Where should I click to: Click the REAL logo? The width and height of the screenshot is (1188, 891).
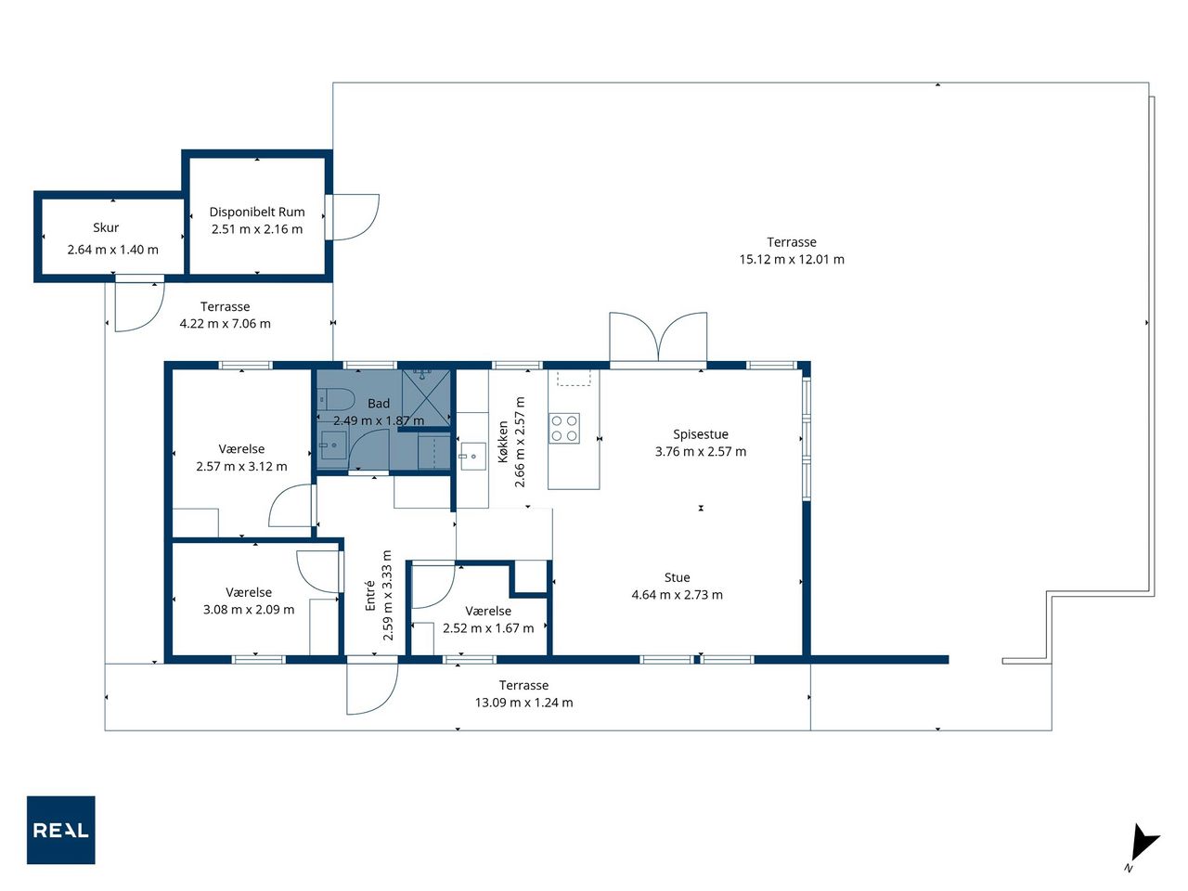[60, 830]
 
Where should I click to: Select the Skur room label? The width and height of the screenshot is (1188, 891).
[106, 227]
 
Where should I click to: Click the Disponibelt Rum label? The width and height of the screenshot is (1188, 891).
[257, 212]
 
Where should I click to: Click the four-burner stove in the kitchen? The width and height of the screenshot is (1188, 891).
[564, 428]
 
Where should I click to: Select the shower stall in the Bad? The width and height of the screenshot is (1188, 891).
[427, 397]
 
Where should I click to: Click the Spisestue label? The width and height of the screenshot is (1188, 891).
[701, 433]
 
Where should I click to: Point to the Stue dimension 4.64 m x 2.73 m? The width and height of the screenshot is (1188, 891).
[677, 595]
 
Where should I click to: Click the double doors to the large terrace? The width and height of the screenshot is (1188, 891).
[658, 338]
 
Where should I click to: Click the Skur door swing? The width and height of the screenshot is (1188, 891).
[139, 303]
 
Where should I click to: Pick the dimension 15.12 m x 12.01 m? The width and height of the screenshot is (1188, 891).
[792, 259]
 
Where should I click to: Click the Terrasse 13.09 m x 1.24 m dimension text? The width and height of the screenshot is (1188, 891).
[523, 703]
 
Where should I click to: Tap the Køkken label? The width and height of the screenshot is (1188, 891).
[503, 442]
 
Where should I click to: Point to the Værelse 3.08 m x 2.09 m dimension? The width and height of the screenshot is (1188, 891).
[249, 609]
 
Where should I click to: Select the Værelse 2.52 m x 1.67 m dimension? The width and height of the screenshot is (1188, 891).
[488, 627]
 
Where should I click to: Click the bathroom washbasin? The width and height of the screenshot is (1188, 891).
[333, 445]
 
